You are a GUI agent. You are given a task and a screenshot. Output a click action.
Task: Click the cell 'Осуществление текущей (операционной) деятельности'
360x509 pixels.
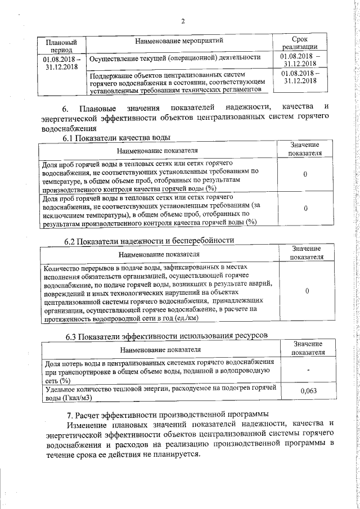pos(175,57)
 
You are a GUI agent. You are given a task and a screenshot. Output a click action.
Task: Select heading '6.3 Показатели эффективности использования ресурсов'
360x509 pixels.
pos(171,336)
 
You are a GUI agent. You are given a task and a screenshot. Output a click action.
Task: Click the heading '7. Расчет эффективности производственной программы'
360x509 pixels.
pos(170,413)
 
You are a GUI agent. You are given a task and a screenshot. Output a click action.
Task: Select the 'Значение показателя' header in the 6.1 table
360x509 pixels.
pos(305,148)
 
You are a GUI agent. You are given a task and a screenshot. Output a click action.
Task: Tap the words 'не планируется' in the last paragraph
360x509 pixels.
pos(172,453)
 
